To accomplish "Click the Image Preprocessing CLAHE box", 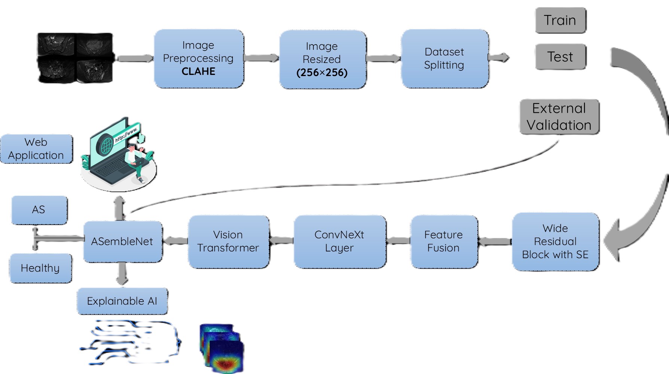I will [x=199, y=59].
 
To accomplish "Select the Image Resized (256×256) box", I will [x=322, y=60].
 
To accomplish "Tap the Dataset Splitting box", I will [x=444, y=59].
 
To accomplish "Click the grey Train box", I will [x=560, y=20].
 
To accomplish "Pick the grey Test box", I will [x=560, y=57].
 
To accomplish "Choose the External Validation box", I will [x=559, y=117].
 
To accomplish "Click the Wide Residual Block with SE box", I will [x=555, y=242].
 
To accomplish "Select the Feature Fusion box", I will [x=444, y=242].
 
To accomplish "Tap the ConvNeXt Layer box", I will [x=340, y=242].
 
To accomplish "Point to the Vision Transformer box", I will [x=228, y=242].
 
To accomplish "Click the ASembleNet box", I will [x=122, y=242].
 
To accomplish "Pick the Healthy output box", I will [x=40, y=268].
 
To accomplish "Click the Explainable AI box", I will [x=122, y=301].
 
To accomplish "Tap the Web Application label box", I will [x=36, y=149].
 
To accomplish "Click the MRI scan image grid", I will [x=75, y=58].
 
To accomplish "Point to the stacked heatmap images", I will [x=222, y=349].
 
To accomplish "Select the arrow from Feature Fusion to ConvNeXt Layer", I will [x=398, y=241].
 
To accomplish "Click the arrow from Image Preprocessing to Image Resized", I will [x=261, y=58].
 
